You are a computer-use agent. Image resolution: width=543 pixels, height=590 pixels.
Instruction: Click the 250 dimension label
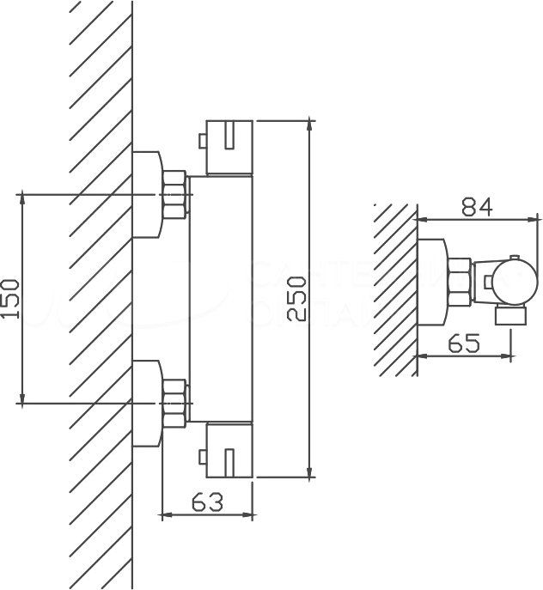tap(295, 298)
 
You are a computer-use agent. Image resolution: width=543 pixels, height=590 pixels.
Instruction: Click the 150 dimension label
tap(9, 299)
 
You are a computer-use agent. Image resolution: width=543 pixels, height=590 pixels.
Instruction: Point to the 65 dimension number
tap(462, 344)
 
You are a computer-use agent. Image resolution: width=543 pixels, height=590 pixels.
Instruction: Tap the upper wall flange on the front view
tap(148, 194)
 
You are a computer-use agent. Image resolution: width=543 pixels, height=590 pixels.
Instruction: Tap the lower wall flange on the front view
tap(148, 403)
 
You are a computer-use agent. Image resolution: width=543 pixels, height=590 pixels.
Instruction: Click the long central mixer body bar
tap(220, 298)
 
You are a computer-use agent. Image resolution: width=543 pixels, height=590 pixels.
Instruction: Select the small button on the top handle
tap(202, 140)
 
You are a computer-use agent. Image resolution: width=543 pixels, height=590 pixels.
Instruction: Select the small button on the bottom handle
tap(202, 448)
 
